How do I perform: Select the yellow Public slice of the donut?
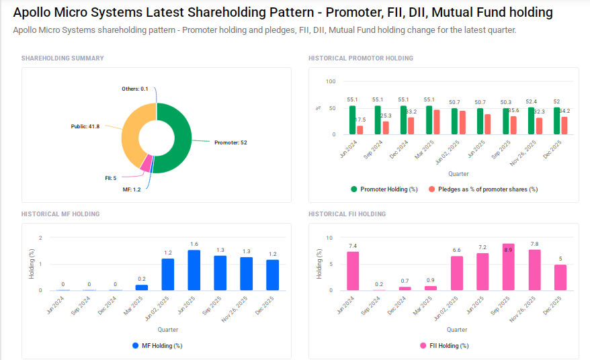(132, 134)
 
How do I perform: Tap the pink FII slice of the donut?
(146, 162)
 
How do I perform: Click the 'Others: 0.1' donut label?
(134, 89)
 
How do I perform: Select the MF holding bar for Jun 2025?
(194, 270)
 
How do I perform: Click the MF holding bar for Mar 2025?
(141, 287)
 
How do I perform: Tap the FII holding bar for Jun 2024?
(353, 271)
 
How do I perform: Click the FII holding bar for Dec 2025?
(560, 277)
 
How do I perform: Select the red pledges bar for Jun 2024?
(360, 130)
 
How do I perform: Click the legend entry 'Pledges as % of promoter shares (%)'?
(483, 189)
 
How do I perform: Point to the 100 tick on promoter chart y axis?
(330, 81)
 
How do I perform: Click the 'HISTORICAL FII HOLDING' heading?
(347, 214)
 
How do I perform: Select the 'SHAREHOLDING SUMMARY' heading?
(62, 58)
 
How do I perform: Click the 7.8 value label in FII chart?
(534, 244)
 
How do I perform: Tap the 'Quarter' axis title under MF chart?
(168, 330)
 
